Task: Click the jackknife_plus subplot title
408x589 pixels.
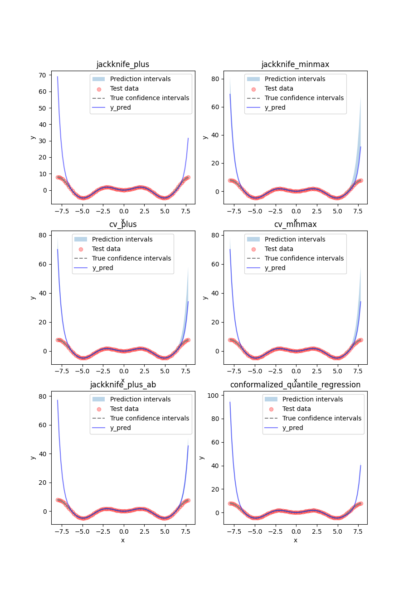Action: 123,64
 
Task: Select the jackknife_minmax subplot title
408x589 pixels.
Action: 295,64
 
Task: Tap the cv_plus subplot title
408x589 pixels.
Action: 123,224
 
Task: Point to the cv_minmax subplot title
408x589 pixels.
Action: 295,224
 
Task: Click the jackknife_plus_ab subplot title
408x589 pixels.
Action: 123,385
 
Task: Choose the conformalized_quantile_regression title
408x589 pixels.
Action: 295,385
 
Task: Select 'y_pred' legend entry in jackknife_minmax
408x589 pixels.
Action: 275,107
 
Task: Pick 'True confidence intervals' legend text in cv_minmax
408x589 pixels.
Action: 304,258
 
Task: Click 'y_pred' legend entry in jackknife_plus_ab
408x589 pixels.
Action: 120,428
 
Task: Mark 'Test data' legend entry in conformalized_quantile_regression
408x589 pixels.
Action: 296,409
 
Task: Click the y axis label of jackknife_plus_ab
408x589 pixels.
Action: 33,458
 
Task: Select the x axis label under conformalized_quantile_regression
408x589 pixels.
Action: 295,540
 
